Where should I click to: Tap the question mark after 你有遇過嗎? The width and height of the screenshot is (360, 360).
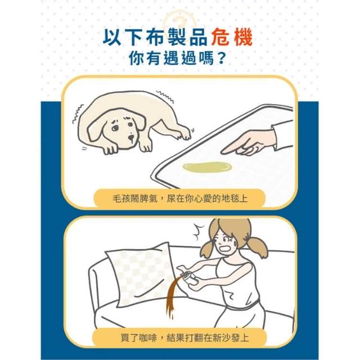(219, 58)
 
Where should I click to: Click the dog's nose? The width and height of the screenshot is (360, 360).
(131, 137)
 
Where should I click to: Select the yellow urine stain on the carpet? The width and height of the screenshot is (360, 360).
(207, 167)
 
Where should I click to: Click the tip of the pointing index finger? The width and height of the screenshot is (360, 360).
(222, 152)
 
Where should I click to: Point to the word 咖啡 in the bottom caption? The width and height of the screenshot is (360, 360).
(148, 338)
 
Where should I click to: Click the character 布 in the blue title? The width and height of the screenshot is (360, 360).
(155, 37)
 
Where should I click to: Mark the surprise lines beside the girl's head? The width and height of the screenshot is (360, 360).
(198, 231)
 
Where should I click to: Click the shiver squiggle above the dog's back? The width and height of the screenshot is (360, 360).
(165, 96)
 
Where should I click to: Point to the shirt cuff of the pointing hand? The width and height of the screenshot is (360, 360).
(282, 136)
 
